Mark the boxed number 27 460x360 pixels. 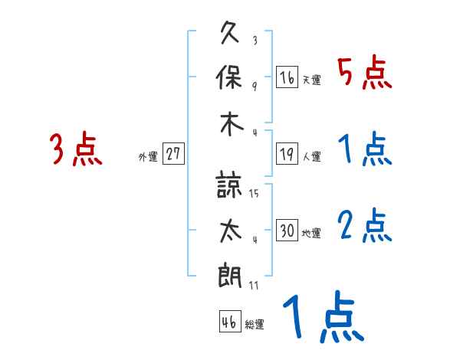pyautogui.click(x=173, y=154)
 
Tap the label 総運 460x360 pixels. pyautogui.click(x=255, y=325)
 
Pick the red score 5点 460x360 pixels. pyautogui.click(x=365, y=74)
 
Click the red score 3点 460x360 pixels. pyautogui.click(x=76, y=149)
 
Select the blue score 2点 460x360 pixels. pyautogui.click(x=365, y=227)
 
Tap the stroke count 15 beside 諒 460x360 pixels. pyautogui.click(x=254, y=193)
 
